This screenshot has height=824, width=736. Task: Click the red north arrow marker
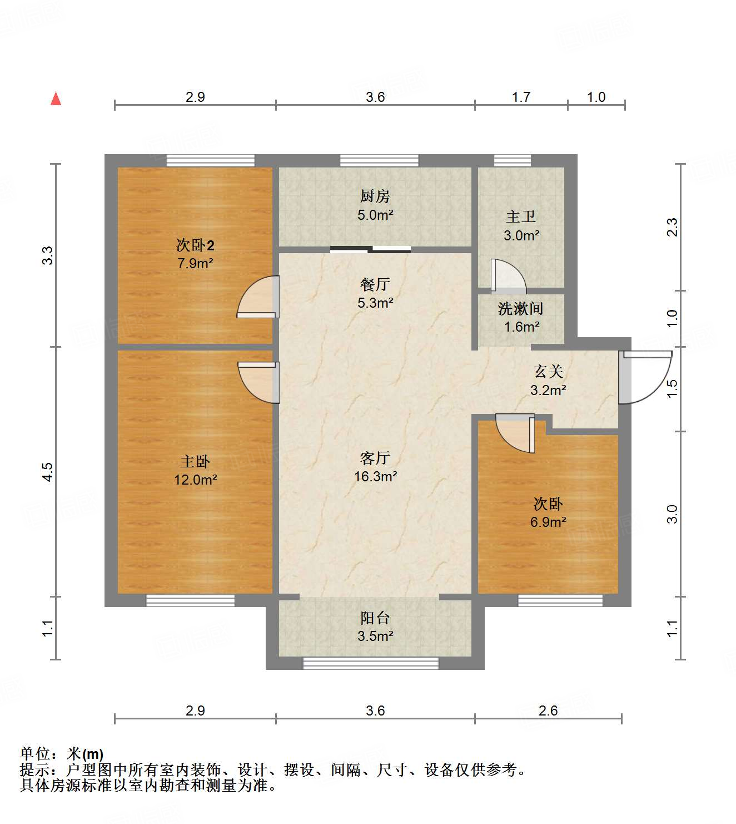(56, 98)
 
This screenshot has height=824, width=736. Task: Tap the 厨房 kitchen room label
(375, 196)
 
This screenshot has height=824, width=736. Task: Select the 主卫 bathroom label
(521, 216)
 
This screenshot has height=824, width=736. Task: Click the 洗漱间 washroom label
(521, 308)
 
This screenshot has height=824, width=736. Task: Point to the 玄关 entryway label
(548, 371)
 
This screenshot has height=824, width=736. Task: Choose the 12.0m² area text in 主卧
(195, 480)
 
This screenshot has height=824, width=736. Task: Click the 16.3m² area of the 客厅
(375, 476)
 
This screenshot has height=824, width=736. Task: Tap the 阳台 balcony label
(375, 618)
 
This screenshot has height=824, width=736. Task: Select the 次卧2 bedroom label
(195, 245)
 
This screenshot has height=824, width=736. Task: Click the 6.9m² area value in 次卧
(548, 522)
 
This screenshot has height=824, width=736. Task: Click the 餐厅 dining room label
(375, 284)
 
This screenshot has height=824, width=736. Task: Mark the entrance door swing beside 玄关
(645, 377)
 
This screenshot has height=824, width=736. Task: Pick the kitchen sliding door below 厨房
(370, 249)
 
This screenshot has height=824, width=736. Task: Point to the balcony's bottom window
(370, 663)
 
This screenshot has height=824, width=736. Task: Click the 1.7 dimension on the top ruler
(521, 97)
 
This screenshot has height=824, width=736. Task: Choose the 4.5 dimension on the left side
(48, 471)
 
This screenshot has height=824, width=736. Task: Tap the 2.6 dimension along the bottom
(548, 710)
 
